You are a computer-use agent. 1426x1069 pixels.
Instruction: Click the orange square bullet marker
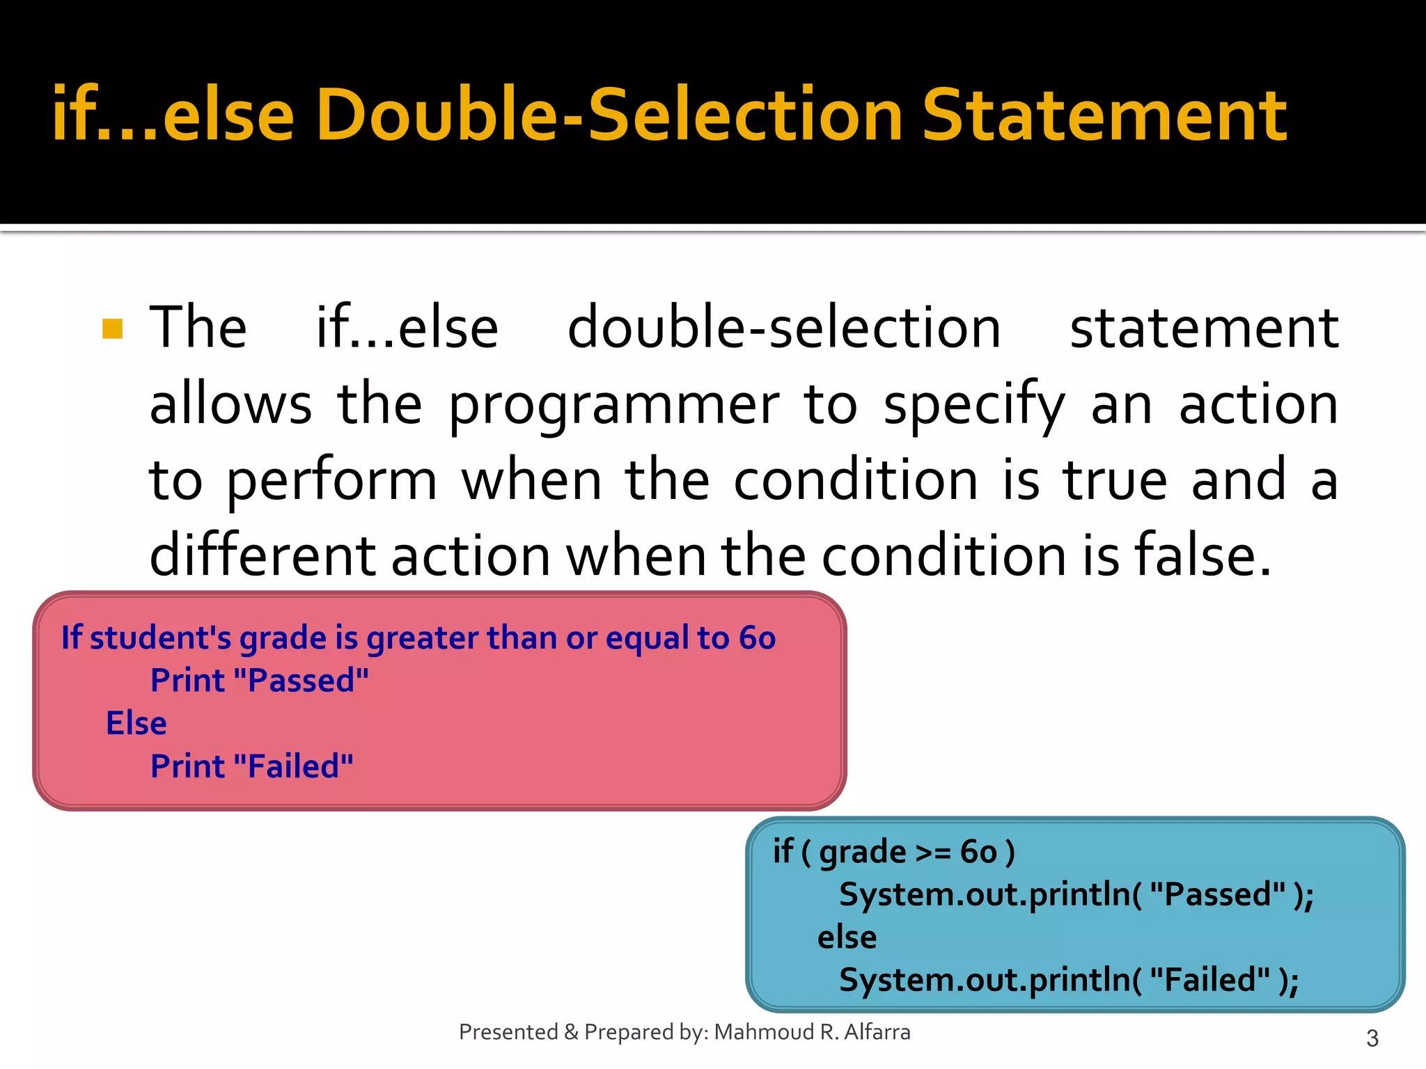[112, 328]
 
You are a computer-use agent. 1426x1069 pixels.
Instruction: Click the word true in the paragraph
[1114, 480]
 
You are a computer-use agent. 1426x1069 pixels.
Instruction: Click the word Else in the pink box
[136, 724]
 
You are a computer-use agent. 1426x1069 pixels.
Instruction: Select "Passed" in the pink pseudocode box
[301, 681]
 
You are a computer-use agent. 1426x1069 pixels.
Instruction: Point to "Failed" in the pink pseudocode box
[293, 767]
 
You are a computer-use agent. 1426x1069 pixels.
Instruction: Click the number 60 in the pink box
[757, 638]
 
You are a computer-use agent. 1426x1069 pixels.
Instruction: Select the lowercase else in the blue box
[847, 937]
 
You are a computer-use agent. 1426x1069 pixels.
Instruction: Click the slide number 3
[1372, 1038]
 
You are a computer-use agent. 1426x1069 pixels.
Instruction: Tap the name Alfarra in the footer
[877, 1032]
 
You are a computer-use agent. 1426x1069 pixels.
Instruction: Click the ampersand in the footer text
[571, 1032]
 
